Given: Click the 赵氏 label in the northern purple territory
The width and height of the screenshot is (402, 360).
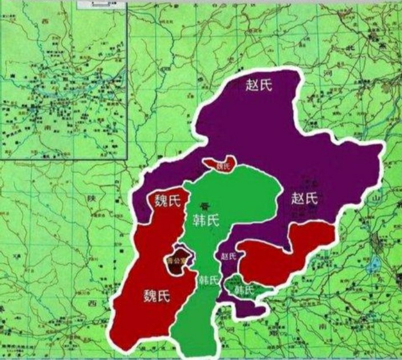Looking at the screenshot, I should click(x=259, y=85).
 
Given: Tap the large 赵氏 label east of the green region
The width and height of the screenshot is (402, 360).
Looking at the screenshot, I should click(x=303, y=199).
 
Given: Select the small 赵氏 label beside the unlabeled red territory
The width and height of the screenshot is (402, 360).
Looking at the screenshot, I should click(x=228, y=257).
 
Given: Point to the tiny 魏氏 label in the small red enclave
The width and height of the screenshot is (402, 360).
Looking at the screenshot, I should click(x=222, y=167).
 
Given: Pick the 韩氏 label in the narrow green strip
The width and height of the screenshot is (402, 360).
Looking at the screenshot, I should click(x=208, y=280).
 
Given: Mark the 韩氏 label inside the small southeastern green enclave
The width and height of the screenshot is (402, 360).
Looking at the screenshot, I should click(x=244, y=289).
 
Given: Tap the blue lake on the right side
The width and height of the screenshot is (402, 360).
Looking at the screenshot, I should click(x=376, y=264).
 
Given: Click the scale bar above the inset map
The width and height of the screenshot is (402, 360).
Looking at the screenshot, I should click(x=100, y=5).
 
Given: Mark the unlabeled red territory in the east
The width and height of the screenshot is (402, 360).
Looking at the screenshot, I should click(x=283, y=251).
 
